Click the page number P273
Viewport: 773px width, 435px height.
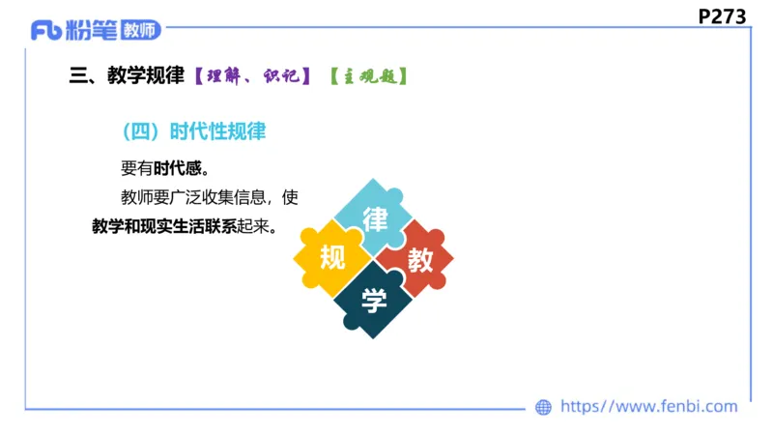coord(722,15)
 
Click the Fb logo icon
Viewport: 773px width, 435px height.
coord(46,31)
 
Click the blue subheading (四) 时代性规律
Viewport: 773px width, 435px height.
coord(194,132)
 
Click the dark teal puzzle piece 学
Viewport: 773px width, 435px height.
coord(374,301)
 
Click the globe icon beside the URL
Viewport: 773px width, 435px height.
coord(544,407)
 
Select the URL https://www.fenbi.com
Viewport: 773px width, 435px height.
coord(649,407)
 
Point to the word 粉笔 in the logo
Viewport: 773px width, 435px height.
coord(93,31)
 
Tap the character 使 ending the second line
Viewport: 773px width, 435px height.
coord(290,198)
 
